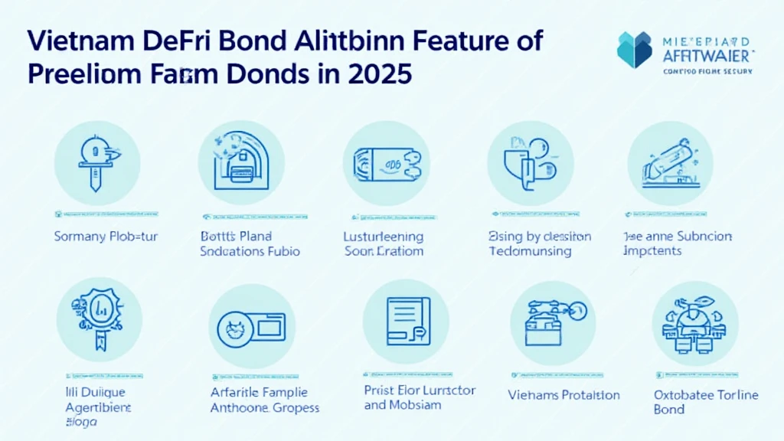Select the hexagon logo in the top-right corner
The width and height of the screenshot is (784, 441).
(x=635, y=50)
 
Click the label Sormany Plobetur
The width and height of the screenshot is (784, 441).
(x=106, y=237)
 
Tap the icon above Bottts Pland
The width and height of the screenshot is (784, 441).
(x=241, y=162)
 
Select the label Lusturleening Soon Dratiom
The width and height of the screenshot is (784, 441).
(x=384, y=243)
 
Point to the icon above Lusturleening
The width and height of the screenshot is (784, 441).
(x=385, y=162)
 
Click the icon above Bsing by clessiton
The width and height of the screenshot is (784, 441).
(x=530, y=162)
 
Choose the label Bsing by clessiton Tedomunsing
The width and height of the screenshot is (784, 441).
(x=540, y=243)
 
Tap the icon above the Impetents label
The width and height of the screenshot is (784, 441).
(x=670, y=162)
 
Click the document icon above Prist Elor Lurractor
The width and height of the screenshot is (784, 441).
(x=405, y=322)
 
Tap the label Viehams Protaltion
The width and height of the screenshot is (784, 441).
(x=563, y=395)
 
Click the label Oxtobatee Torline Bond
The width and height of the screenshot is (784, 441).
(x=706, y=402)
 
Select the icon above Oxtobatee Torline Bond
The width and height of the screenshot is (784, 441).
(x=694, y=322)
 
